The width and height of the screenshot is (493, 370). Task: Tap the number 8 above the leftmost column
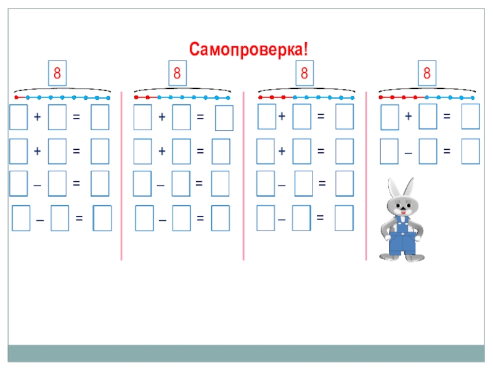click(x=57, y=73)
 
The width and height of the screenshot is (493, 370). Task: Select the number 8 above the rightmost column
click(x=426, y=73)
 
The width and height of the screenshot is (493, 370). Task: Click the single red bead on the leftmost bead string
click(x=17, y=97)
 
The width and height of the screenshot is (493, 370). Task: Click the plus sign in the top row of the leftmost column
click(x=38, y=117)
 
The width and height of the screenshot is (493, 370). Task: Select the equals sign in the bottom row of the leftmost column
click(x=79, y=218)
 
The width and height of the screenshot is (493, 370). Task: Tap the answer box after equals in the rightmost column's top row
click(x=470, y=117)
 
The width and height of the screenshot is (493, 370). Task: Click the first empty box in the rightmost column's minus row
click(x=389, y=151)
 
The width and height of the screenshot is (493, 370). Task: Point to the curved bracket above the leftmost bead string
click(x=61, y=89)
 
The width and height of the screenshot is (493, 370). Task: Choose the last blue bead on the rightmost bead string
click(x=473, y=97)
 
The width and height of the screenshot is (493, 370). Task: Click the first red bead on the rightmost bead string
click(x=381, y=97)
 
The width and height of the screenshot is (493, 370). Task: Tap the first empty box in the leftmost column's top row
click(x=18, y=117)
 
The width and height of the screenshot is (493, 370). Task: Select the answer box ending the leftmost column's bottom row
click(x=102, y=219)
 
